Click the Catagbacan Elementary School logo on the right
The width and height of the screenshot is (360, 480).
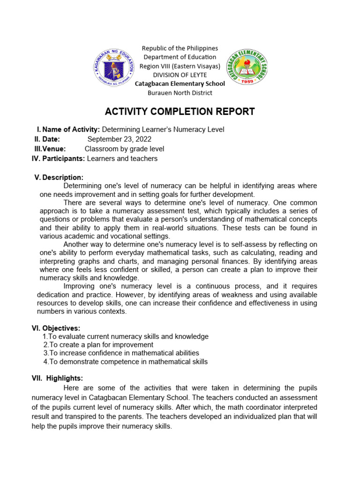(x=247, y=67)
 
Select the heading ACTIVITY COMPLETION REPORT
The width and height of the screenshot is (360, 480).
(x=180, y=112)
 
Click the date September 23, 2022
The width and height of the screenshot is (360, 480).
(x=119, y=139)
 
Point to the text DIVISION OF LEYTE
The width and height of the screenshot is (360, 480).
(x=180, y=75)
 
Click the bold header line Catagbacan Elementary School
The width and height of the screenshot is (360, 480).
(x=180, y=84)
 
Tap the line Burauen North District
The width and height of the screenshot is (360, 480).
(x=180, y=93)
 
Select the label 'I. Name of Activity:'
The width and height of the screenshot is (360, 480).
(x=68, y=129)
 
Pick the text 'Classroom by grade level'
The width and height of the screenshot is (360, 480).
(x=124, y=149)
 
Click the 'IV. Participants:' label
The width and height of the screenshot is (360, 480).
(x=58, y=158)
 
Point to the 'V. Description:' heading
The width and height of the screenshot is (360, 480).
(x=59, y=177)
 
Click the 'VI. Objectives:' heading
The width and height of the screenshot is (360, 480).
(x=56, y=328)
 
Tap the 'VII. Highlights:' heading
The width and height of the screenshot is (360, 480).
(x=57, y=378)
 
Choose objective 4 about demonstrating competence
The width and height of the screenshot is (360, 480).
(x=125, y=361)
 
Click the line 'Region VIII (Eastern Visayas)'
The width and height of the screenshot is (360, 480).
(x=180, y=66)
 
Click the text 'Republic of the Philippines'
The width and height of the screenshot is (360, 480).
(x=180, y=48)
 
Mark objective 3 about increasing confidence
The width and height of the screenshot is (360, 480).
(x=121, y=353)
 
